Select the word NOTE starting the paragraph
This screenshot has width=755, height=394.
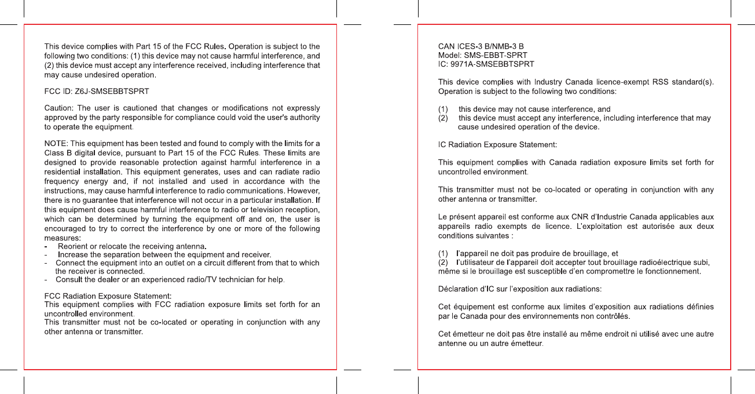(56, 143)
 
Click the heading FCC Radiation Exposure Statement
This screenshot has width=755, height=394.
(108, 296)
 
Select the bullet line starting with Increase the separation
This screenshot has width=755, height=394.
(164, 255)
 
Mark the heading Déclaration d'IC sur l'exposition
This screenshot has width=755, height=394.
(519, 289)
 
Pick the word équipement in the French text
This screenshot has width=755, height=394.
(474, 306)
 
